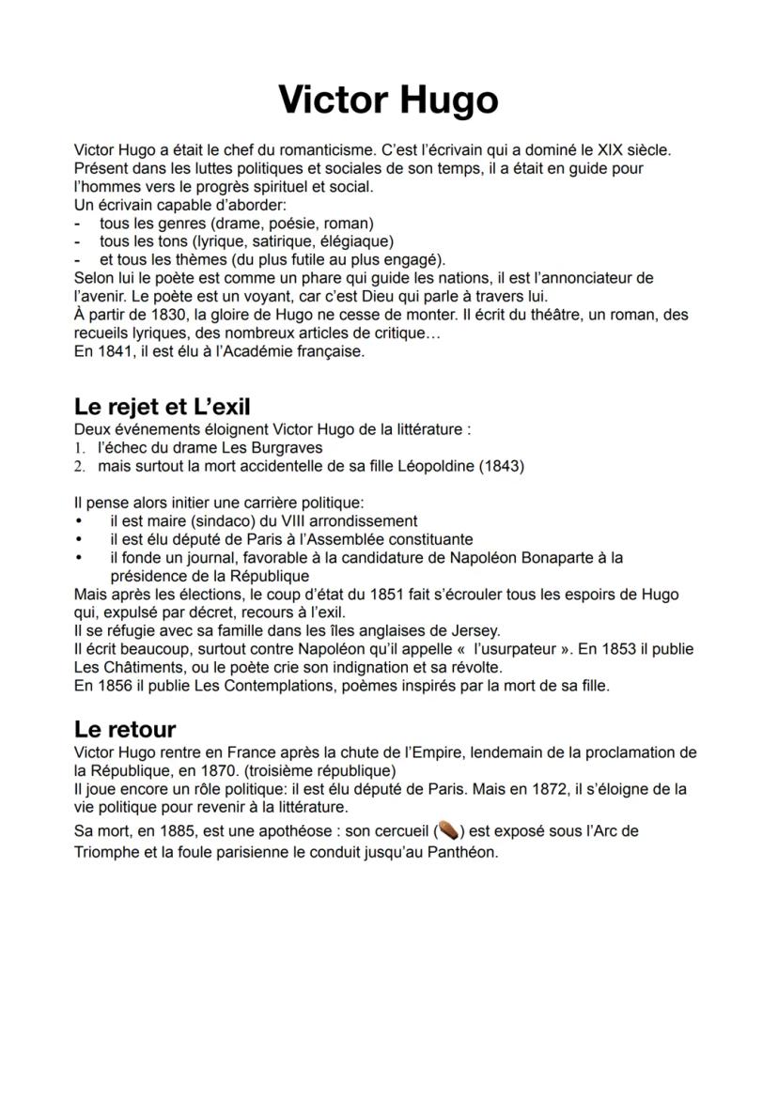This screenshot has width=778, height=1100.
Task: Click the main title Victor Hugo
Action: (388, 100)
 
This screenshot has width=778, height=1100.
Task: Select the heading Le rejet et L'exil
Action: (162, 407)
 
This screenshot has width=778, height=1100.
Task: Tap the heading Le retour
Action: (125, 728)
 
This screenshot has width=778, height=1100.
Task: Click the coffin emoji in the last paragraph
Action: (447, 830)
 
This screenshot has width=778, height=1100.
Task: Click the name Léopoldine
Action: (431, 466)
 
